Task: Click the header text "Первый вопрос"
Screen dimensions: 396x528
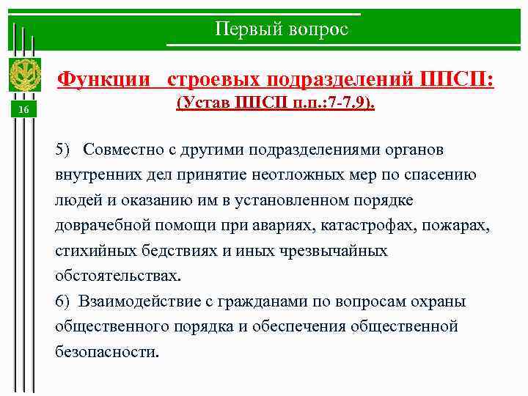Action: pos(282,29)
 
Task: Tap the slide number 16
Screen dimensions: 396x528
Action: pos(23,110)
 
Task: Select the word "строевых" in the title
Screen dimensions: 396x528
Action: pos(213,78)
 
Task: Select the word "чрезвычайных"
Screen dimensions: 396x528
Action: pos(333,251)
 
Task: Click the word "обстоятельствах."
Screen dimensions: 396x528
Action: pos(117,276)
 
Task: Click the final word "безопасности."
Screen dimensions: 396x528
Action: pos(106,351)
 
